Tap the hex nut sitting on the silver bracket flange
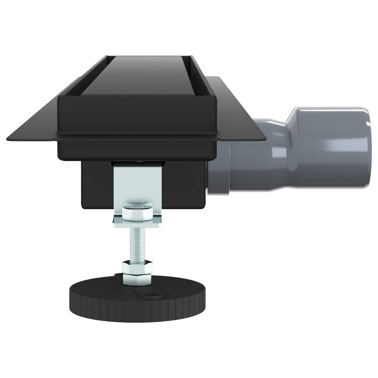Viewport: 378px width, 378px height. pyautogui.click(x=137, y=212)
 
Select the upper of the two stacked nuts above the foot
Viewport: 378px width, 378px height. pyautogui.click(x=137, y=265)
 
